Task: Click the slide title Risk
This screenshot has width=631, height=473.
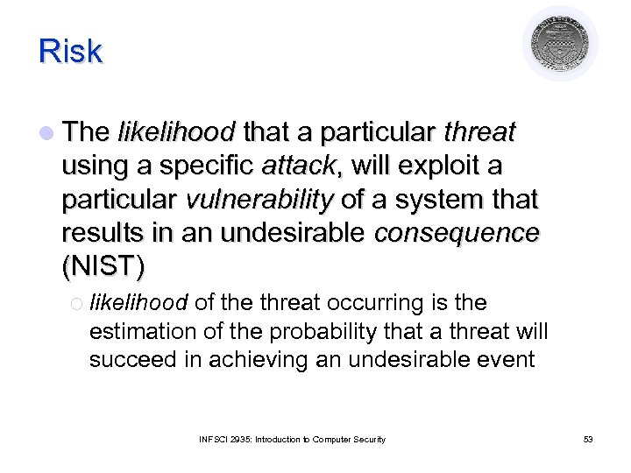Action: (x=70, y=52)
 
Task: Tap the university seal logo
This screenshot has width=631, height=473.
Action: (x=560, y=44)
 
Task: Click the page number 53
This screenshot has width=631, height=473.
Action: (x=587, y=439)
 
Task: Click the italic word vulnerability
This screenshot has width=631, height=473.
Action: (x=259, y=200)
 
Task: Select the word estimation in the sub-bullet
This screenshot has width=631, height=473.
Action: (x=132, y=332)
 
